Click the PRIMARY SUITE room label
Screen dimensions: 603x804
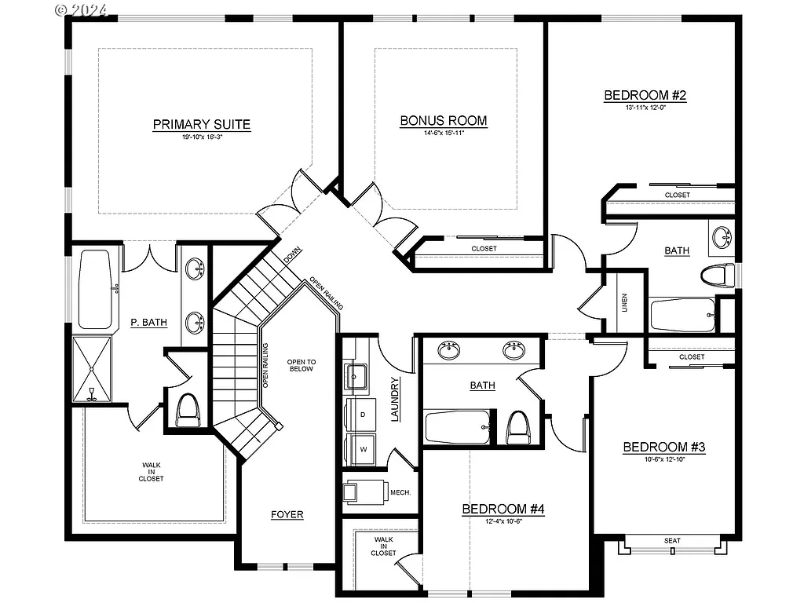click(x=201, y=124)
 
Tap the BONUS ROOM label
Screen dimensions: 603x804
click(x=443, y=121)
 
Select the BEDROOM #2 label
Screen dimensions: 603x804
click(x=645, y=96)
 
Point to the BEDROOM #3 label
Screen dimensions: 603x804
click(x=664, y=448)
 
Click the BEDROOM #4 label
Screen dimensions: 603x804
click(x=502, y=510)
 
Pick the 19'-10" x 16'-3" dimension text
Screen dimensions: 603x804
click(x=201, y=137)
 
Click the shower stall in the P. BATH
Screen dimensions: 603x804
click(x=92, y=369)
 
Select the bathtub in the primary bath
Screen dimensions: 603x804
click(x=95, y=289)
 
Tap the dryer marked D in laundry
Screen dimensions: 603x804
click(x=363, y=413)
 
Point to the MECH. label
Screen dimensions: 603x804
click(x=401, y=493)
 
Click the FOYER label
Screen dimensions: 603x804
click(x=287, y=515)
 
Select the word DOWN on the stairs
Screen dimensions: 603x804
click(x=293, y=257)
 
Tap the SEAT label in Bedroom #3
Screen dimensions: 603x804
click(x=672, y=541)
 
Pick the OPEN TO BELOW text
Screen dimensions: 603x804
click(x=301, y=365)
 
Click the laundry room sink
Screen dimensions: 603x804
click(x=356, y=376)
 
